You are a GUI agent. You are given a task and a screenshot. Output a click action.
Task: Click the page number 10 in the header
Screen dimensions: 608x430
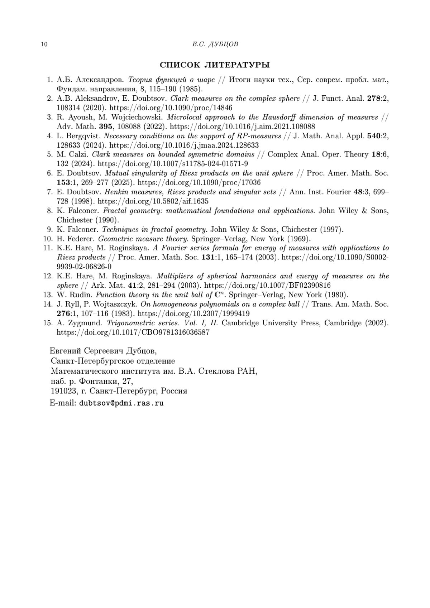[44, 44]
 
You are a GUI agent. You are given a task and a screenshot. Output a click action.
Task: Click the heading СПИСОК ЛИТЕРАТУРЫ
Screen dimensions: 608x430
[215, 65]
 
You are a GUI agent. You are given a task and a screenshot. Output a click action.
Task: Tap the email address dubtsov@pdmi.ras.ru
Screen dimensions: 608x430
[121, 403]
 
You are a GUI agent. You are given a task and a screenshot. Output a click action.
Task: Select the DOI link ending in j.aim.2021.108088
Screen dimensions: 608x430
[242, 126]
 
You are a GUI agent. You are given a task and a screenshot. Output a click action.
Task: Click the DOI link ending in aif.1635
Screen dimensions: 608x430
[153, 201]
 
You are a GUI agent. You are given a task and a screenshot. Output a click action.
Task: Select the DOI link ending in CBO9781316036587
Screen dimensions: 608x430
[133, 332]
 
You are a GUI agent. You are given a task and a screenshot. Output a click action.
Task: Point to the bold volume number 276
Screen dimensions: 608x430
[63, 313]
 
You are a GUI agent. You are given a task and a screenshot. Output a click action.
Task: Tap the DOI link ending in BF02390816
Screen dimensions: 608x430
[267, 286]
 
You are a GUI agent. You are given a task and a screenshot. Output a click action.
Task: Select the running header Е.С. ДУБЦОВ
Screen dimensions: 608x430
[215, 44]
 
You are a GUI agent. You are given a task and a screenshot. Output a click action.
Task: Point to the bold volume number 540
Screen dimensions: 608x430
[374, 136]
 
